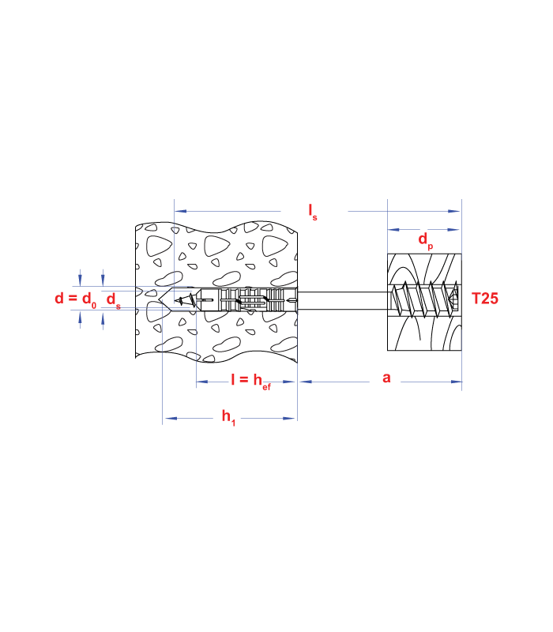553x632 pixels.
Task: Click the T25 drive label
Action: (x=485, y=299)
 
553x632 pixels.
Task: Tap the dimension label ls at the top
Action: (x=313, y=212)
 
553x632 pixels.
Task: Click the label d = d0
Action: (x=75, y=299)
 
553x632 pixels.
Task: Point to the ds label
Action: (x=113, y=300)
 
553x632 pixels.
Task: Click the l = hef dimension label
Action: (x=250, y=382)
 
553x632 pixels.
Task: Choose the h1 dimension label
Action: (x=228, y=418)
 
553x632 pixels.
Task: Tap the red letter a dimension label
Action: (x=386, y=378)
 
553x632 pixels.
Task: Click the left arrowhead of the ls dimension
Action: (x=180, y=211)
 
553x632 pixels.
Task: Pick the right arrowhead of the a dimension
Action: (x=456, y=382)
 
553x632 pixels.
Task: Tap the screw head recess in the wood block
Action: (x=454, y=299)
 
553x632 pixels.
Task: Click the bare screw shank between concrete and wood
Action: (x=342, y=300)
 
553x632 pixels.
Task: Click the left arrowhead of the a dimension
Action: (x=306, y=382)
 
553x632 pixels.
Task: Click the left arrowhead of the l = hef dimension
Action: (x=202, y=382)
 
